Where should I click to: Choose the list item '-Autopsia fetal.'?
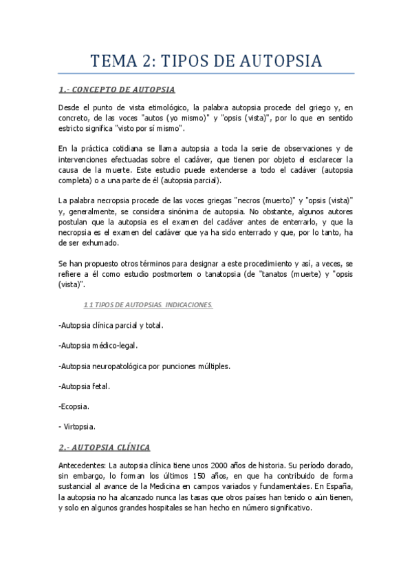[85, 386]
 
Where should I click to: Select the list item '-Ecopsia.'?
[74, 406]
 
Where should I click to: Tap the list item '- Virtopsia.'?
[77, 426]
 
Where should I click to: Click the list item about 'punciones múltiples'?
[144, 366]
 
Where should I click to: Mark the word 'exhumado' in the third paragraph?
[100, 243]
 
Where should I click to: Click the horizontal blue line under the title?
[206, 73]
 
